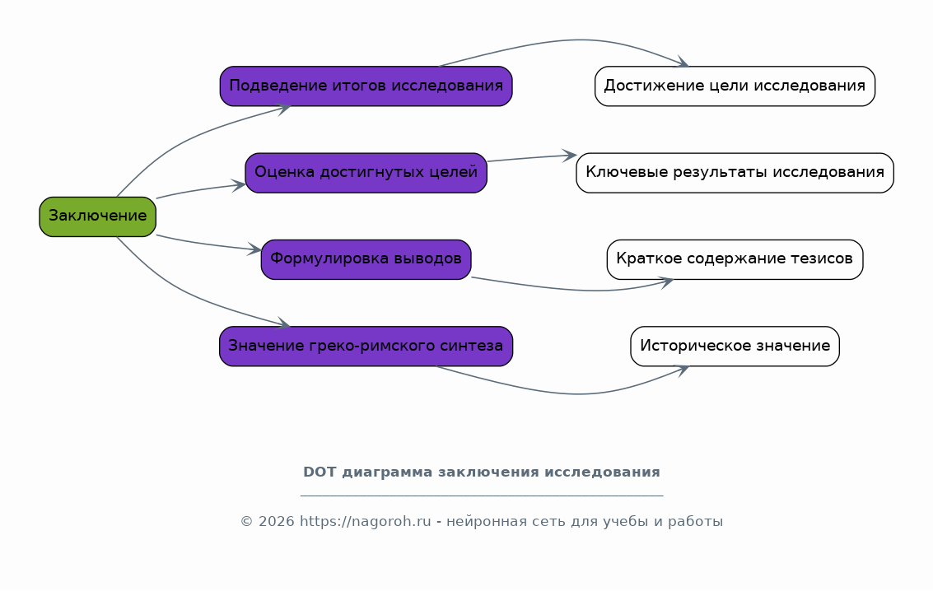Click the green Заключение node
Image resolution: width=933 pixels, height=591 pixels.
tap(98, 217)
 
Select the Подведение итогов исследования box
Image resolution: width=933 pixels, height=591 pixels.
tap(366, 86)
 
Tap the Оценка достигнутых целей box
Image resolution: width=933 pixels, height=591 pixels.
tap(366, 173)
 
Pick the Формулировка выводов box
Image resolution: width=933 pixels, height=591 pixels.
tap(366, 260)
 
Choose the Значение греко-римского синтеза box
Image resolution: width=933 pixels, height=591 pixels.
tap(366, 347)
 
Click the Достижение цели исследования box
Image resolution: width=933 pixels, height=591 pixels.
tap(735, 86)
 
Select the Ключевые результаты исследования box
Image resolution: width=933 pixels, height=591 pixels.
tap(735, 173)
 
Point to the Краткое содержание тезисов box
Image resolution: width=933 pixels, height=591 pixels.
tap(735, 260)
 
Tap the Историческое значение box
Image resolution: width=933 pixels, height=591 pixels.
tap(735, 347)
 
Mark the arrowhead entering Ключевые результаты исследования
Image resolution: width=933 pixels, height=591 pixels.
tap(570, 156)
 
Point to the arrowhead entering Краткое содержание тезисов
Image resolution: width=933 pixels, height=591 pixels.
tap(666, 282)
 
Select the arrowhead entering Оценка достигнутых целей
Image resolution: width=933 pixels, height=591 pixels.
tap(238, 185)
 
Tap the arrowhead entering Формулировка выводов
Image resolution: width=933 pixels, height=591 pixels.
tap(254, 249)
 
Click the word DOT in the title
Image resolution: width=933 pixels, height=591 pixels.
tap(320, 472)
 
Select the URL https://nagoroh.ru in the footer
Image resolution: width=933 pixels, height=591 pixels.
tap(365, 522)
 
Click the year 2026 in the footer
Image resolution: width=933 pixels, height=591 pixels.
tap(276, 522)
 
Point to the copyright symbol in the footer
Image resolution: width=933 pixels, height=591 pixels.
tap(247, 522)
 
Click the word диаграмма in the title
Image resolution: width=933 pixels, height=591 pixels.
tap(387, 472)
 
